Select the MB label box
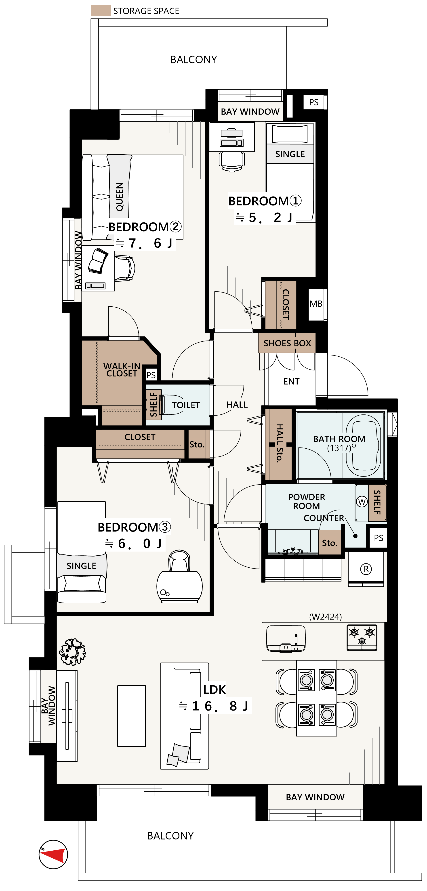coord(316,304)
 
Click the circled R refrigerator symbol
coord(366,569)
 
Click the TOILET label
coord(186,405)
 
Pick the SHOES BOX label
coord(287,343)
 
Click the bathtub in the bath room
coord(364,445)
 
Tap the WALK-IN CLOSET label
coord(122,370)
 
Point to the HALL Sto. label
coord(280,443)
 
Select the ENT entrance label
coord(291,381)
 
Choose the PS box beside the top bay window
coord(314,102)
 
